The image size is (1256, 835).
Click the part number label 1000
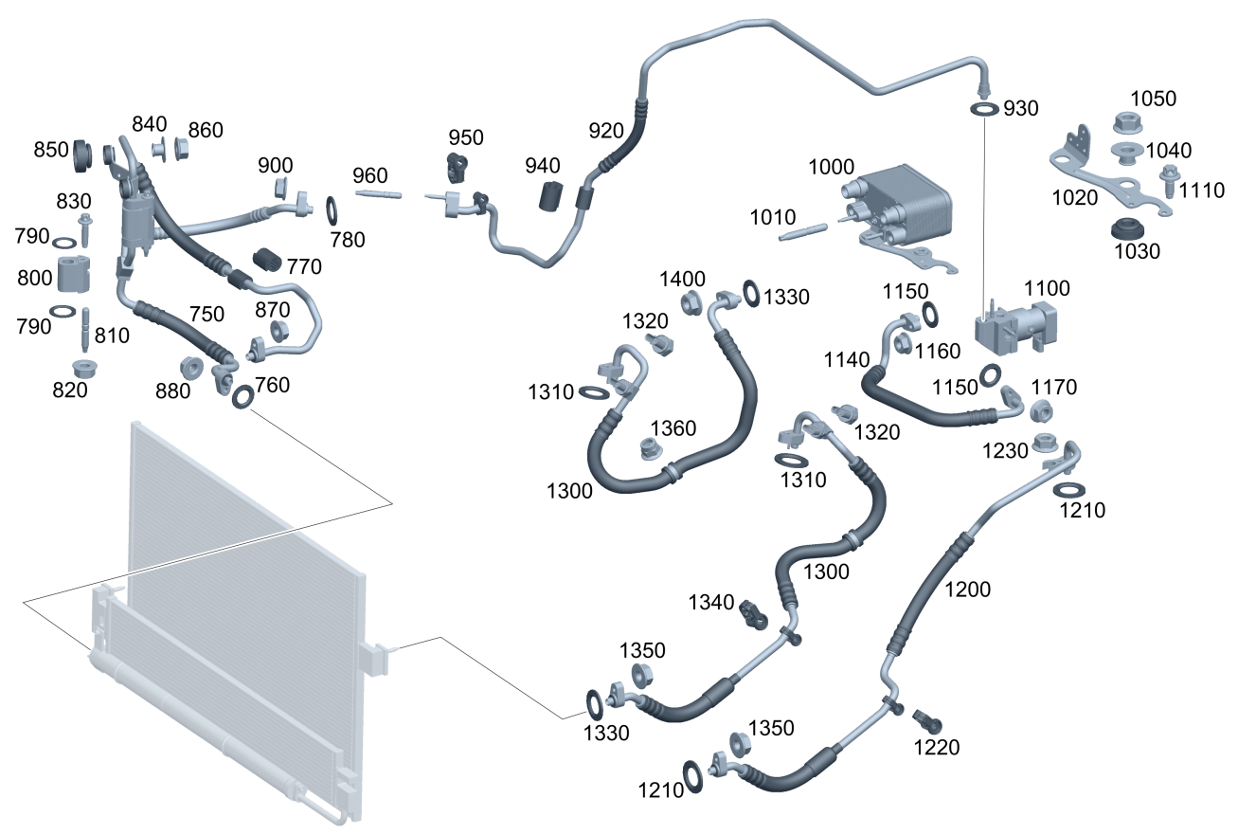point(831,167)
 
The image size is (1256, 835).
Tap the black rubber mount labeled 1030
point(1126,229)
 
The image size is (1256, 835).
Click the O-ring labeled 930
point(984,109)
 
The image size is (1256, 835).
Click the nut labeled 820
point(83,368)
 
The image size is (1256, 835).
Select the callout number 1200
point(967,590)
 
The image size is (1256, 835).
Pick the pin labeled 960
point(379,195)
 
